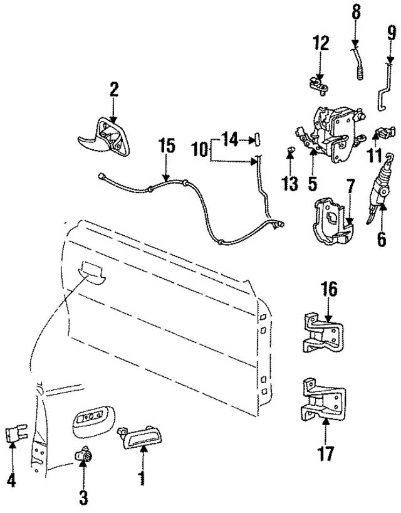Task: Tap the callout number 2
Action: [x=113, y=90]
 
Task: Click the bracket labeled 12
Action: [x=318, y=82]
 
